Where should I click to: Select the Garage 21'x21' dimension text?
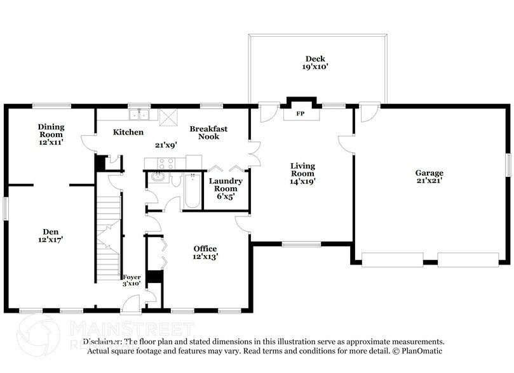click(x=429, y=181)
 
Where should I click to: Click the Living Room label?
click(x=302, y=170)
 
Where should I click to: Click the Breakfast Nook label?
click(x=208, y=132)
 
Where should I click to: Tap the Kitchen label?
click(x=128, y=132)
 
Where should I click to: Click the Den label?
click(x=51, y=232)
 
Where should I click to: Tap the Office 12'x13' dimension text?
click(x=205, y=257)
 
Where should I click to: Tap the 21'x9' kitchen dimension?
click(x=166, y=145)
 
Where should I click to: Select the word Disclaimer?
click(x=105, y=341)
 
